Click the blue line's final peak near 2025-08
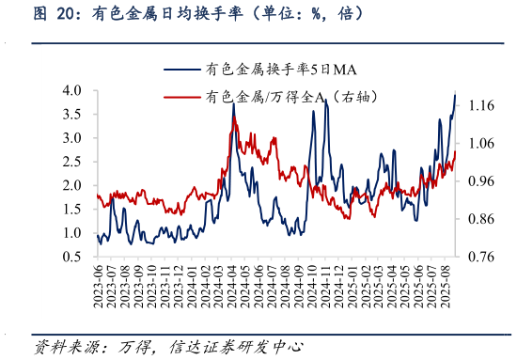click(455, 95)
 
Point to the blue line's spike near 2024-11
click(326, 100)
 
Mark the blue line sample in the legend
click(184, 69)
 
